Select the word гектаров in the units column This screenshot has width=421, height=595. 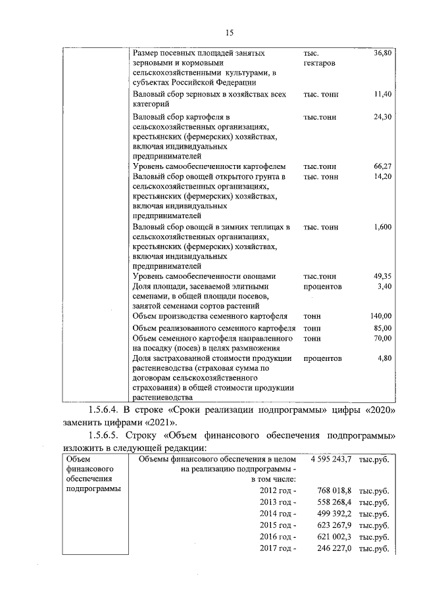pos(320,62)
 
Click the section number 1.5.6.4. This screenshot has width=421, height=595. pos(109,412)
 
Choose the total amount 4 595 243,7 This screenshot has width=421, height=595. pos(330,459)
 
